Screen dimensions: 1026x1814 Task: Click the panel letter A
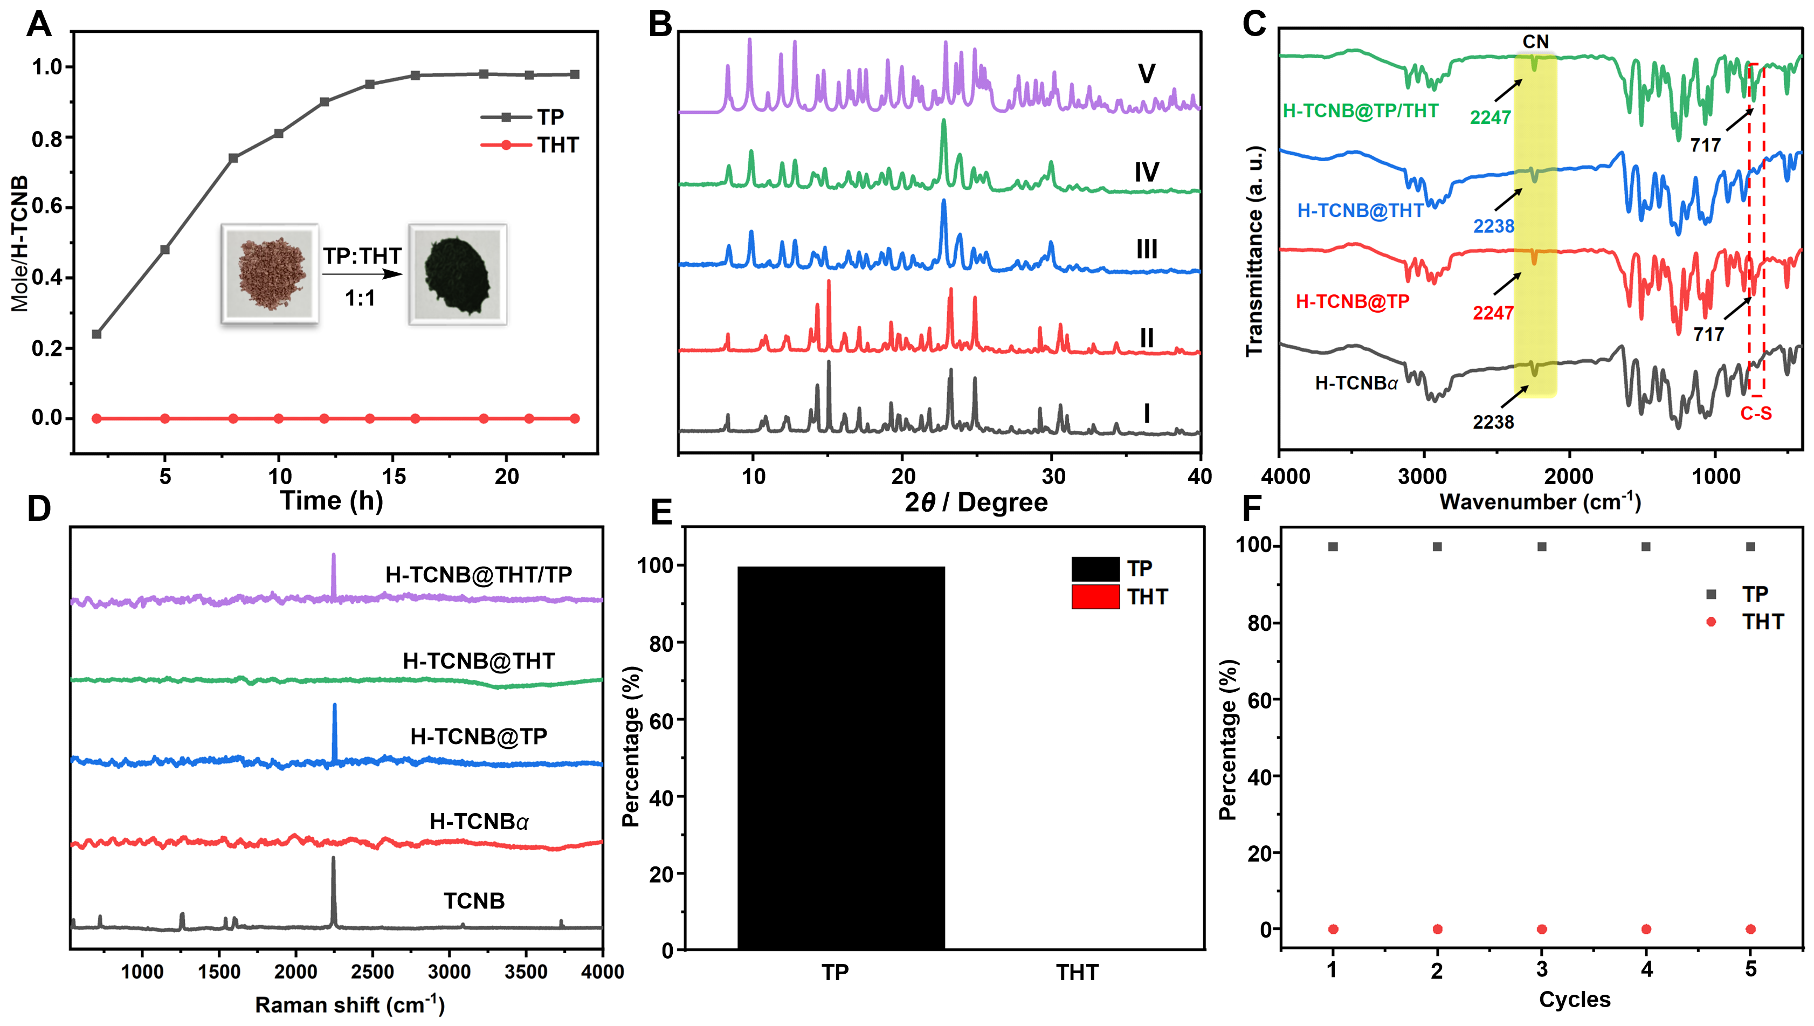click(39, 25)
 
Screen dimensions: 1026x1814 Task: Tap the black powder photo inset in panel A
click(457, 274)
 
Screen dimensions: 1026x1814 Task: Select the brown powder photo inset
click(270, 274)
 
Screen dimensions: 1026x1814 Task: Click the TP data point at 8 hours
click(233, 158)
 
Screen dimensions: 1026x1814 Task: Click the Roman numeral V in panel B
click(1146, 74)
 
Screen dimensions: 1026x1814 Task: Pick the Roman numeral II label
click(1146, 338)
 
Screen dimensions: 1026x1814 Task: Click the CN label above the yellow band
click(1535, 42)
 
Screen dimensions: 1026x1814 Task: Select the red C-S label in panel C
click(1756, 414)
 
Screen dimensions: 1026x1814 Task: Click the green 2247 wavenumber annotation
click(1490, 118)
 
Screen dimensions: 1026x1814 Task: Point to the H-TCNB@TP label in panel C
click(1352, 301)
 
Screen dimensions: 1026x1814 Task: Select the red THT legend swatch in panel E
click(1095, 597)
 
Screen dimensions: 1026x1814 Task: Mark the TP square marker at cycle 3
click(1541, 547)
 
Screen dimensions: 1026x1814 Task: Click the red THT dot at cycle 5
click(1750, 929)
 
